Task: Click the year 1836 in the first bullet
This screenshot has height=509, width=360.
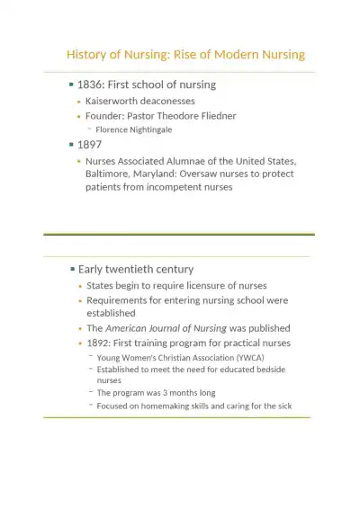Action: (x=91, y=85)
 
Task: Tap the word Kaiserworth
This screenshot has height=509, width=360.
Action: (x=112, y=101)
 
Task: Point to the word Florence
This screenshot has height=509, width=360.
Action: (x=114, y=129)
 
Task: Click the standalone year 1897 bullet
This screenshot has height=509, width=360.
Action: (x=90, y=144)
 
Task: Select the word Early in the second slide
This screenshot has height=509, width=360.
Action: (x=93, y=269)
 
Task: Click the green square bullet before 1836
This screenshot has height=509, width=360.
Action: (x=72, y=85)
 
